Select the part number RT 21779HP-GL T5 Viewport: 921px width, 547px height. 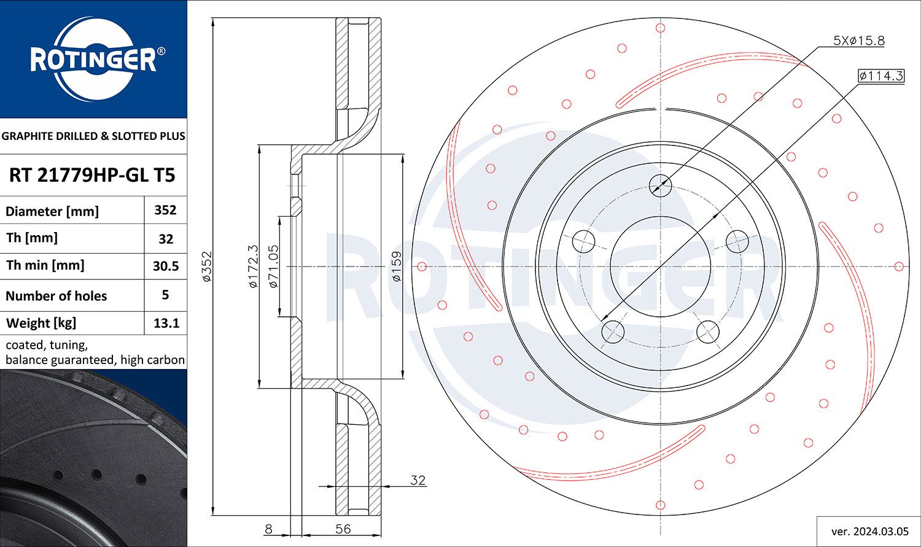(x=92, y=175)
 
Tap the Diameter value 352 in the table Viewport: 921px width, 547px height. (x=165, y=210)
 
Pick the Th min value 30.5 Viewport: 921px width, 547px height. (x=165, y=266)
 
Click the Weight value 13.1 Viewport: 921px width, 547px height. (x=165, y=323)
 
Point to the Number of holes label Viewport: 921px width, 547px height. (x=56, y=296)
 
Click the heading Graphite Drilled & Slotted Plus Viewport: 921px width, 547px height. (x=93, y=136)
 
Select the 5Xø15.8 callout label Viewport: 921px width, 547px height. (x=858, y=41)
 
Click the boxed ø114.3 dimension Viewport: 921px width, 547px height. (x=881, y=76)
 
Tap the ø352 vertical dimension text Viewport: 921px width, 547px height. (x=207, y=266)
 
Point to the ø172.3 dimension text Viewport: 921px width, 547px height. (x=252, y=266)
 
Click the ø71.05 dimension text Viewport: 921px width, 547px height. (x=274, y=266)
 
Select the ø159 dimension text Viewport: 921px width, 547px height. (x=397, y=266)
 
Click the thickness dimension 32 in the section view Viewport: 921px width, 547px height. (x=418, y=480)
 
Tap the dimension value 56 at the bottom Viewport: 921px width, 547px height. (x=343, y=529)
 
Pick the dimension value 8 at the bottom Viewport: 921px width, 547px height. (x=268, y=529)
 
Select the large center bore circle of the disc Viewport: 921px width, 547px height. (x=661, y=266)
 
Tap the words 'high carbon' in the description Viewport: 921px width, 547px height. (x=152, y=360)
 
